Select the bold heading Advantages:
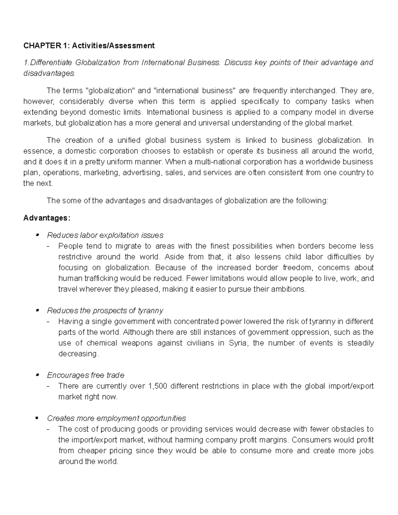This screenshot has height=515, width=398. coord(47,218)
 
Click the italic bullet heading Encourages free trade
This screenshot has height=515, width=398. coord(86,375)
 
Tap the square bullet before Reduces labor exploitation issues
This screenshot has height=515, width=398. coord(37,235)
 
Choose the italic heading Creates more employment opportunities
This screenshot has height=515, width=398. coord(116,418)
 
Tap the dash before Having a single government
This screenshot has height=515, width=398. coord(49,321)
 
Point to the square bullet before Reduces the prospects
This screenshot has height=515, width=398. coord(37,311)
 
